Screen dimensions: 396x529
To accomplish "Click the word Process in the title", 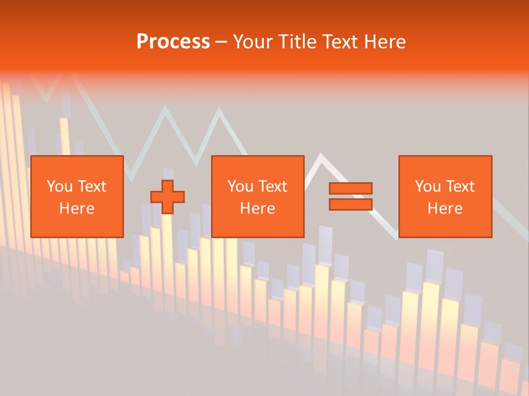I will pos(173,42).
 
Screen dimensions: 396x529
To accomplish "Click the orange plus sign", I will pos(168,197).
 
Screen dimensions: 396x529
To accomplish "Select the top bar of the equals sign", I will pos(350,189).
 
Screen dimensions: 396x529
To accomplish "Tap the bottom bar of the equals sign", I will pos(350,204).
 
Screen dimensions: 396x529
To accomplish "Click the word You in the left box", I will pos(59,186).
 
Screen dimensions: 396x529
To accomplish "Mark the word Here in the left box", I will pos(77,208).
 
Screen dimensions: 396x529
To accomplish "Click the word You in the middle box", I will pos(240,186).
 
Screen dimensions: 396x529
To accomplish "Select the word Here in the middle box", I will pos(257,208).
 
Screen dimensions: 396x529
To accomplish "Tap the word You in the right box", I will pos(428,186).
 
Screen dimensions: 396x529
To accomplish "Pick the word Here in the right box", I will pos(445,208).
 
